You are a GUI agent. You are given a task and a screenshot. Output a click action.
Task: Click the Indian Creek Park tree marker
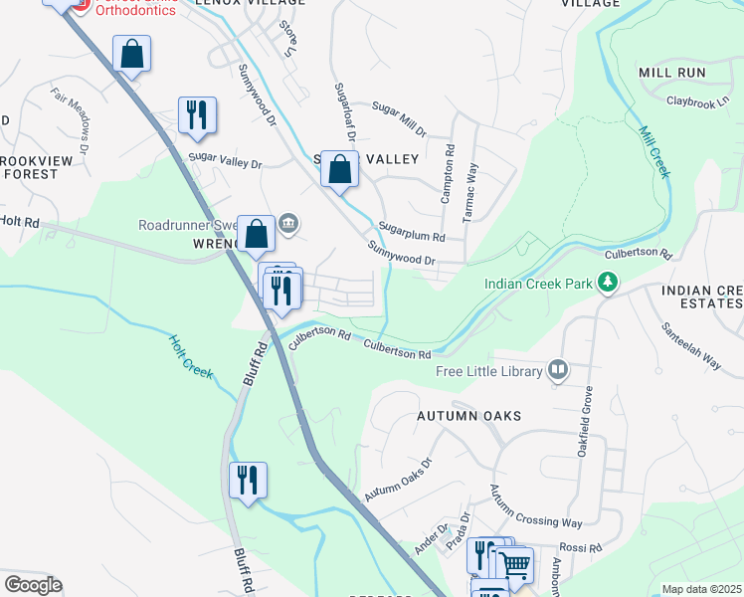(x=607, y=284)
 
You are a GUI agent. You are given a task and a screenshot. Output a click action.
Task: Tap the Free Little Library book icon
(x=558, y=371)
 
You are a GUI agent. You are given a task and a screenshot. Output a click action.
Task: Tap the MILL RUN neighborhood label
(x=672, y=73)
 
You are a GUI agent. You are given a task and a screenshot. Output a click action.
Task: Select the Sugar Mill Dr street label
(x=399, y=117)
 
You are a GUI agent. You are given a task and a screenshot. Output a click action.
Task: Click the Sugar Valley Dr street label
(x=224, y=159)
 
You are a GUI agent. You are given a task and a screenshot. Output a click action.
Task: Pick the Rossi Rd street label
(x=583, y=548)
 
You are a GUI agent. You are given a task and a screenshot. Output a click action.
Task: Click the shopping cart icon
(x=514, y=565)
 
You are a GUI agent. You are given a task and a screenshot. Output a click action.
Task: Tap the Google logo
(x=33, y=585)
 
